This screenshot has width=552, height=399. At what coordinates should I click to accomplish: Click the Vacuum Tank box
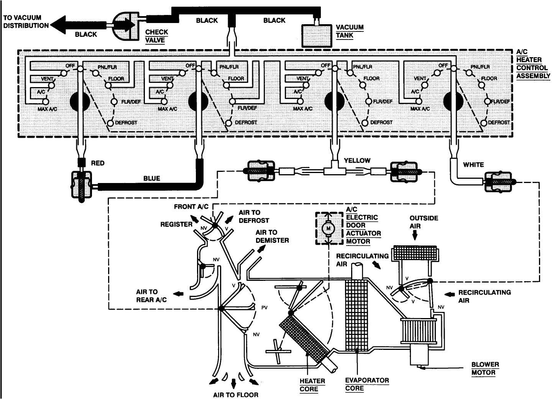point(317,36)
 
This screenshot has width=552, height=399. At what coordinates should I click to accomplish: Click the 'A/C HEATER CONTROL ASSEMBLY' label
point(533,64)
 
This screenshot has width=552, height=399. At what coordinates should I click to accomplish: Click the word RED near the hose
point(97,163)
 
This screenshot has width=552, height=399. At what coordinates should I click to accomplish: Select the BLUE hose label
point(151,178)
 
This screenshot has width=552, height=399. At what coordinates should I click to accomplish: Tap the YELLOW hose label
point(357,160)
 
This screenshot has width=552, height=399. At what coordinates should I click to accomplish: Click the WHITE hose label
point(473,165)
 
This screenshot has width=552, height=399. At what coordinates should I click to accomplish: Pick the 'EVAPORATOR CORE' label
point(367,384)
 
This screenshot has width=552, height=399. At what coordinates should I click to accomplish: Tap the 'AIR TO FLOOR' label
point(235,394)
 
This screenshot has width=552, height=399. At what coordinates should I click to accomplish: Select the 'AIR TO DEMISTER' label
point(272,236)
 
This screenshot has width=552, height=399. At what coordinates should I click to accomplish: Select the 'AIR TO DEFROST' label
point(254,216)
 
